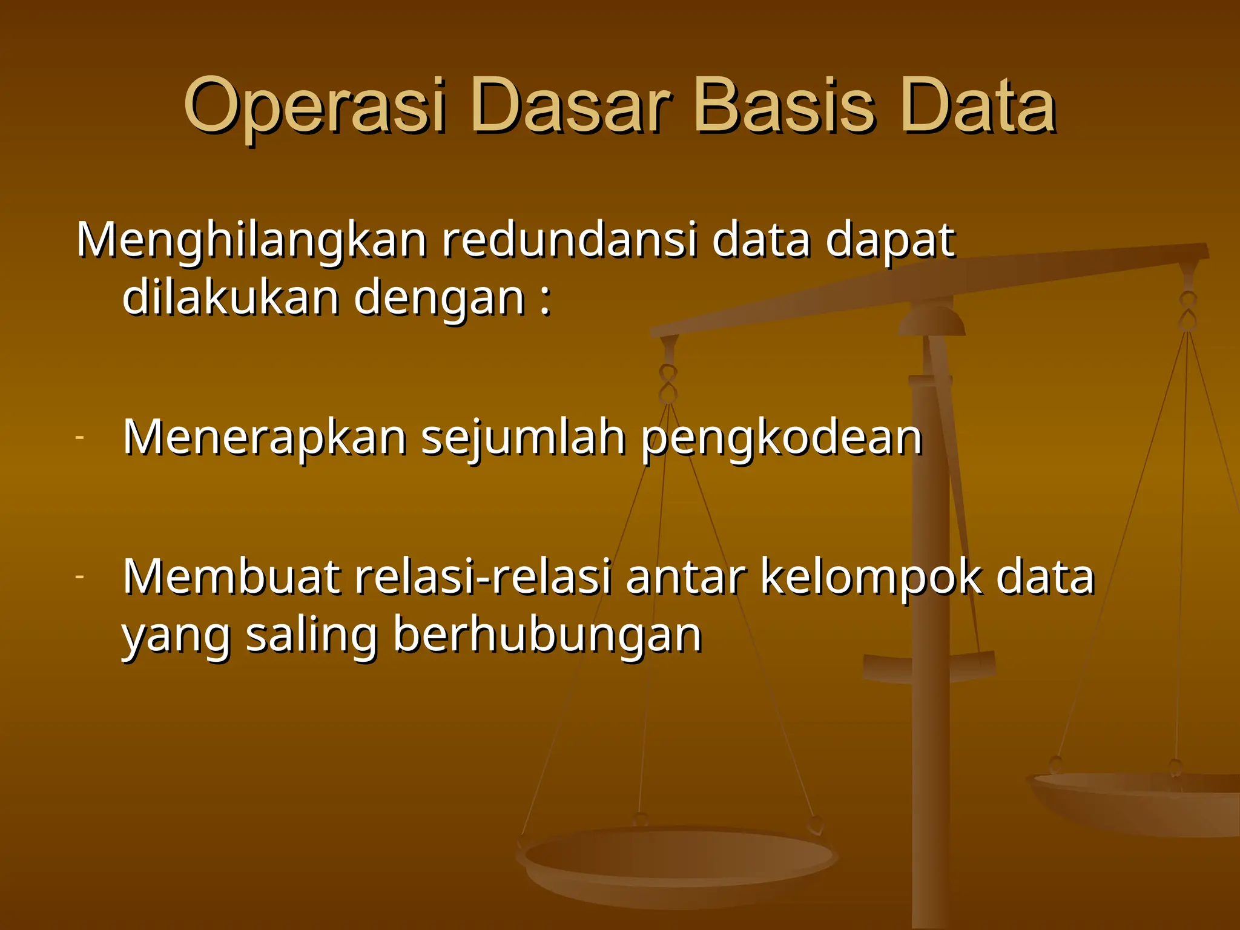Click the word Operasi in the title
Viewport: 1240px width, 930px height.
click(315, 108)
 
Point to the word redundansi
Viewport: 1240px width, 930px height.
click(569, 240)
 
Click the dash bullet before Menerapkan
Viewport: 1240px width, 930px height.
click(79, 437)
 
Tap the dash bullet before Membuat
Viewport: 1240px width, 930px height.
click(79, 576)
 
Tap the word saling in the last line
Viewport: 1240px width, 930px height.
click(311, 636)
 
